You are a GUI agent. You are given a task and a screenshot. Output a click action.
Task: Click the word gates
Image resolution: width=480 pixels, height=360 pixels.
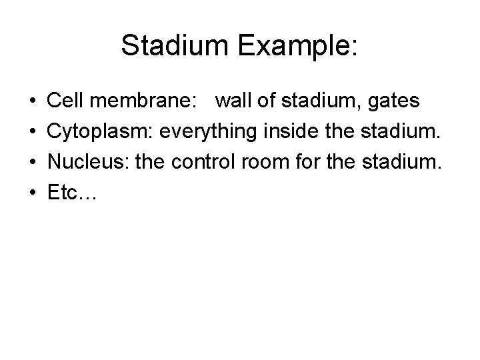(x=393, y=102)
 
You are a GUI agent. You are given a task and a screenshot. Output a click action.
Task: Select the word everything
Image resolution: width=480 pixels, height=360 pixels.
(x=205, y=132)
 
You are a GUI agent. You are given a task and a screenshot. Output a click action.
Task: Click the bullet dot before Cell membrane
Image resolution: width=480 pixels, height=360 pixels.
(x=32, y=101)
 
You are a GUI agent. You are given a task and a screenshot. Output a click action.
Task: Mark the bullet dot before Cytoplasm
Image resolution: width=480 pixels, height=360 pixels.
(x=32, y=132)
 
